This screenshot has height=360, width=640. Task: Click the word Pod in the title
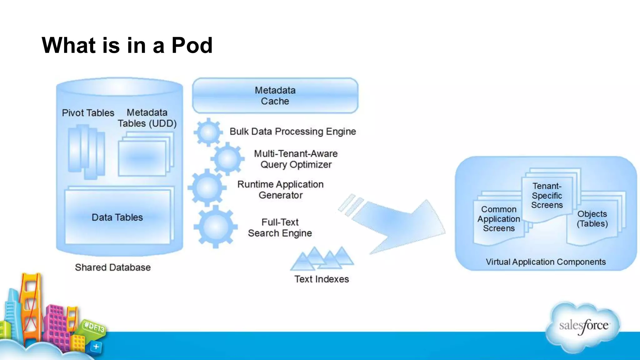192,46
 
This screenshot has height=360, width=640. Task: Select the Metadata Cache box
275,96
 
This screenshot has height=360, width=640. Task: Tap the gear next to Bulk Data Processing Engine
208,132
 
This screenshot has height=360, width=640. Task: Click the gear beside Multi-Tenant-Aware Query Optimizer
227,159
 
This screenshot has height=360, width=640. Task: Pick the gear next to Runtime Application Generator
207,187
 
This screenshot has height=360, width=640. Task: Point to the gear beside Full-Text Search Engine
215,227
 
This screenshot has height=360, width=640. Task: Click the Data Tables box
117,217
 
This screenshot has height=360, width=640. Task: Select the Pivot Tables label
88,113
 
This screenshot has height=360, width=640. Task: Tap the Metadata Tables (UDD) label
147,118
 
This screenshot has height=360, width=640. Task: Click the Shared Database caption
113,267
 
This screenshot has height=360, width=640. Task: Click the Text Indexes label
322,279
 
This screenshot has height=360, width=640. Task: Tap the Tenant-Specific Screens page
547,196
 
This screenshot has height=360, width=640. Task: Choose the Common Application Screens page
499,219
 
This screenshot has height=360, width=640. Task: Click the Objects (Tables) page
592,219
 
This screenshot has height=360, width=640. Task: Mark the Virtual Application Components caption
546,262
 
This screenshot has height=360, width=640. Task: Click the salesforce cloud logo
583,326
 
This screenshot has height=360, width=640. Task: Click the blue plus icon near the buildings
96,347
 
